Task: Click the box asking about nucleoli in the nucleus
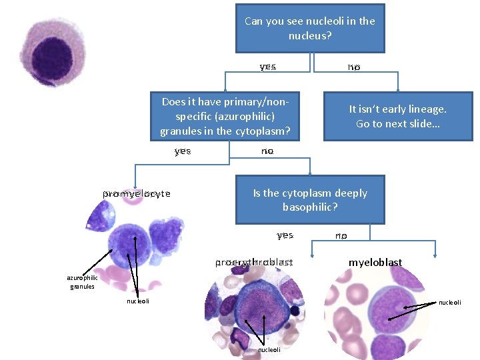point(310,28)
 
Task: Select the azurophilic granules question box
point(225,116)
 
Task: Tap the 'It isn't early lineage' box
point(398,116)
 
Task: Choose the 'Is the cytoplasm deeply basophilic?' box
point(310,200)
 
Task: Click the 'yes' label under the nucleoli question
point(268,67)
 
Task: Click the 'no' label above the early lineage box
point(353,67)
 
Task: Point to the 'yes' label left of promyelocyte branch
point(183,151)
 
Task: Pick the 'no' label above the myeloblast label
point(341,235)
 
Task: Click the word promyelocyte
point(137,194)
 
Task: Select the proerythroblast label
point(253,263)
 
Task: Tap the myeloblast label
point(375,263)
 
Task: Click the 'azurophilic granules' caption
point(82,282)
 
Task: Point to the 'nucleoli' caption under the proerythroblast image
point(269,349)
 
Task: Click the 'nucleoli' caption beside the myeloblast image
point(449,303)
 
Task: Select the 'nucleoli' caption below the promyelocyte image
point(138,301)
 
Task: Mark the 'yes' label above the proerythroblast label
point(285,235)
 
